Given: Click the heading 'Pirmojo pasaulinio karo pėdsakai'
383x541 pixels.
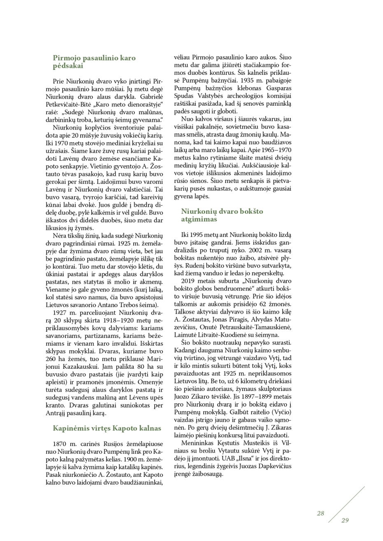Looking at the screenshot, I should (x=94, y=62).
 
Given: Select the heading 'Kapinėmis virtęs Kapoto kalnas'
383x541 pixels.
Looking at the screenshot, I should (x=107, y=428).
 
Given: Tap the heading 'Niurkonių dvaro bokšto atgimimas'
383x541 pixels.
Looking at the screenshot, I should (x=222, y=215).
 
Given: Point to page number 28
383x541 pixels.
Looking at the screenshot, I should (x=320, y=513).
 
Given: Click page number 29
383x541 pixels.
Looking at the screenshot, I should (x=345, y=520).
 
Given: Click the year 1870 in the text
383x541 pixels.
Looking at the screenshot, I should (x=60, y=444).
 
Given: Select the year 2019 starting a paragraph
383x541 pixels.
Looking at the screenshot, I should (x=189, y=281).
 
